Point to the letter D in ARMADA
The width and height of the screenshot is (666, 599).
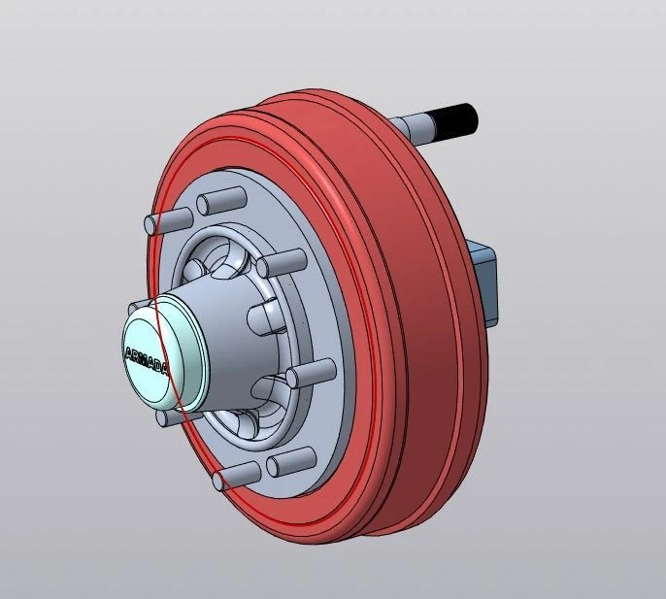(159, 365)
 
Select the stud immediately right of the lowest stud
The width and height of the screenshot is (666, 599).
(290, 458)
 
